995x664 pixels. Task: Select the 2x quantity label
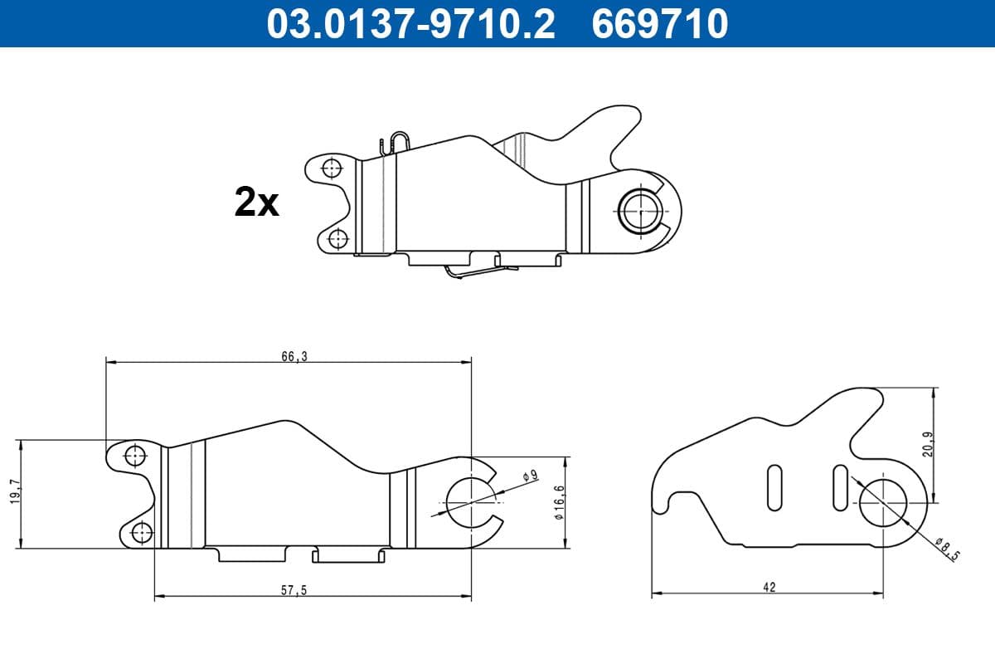tap(257, 203)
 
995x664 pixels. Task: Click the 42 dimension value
tap(769, 587)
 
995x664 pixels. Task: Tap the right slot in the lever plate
tap(840, 486)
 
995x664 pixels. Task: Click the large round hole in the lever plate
tap(883, 503)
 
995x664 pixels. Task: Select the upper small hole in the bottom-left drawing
tap(134, 455)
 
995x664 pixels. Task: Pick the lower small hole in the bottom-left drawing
tap(142, 532)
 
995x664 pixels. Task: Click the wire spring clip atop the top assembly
tap(396, 142)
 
